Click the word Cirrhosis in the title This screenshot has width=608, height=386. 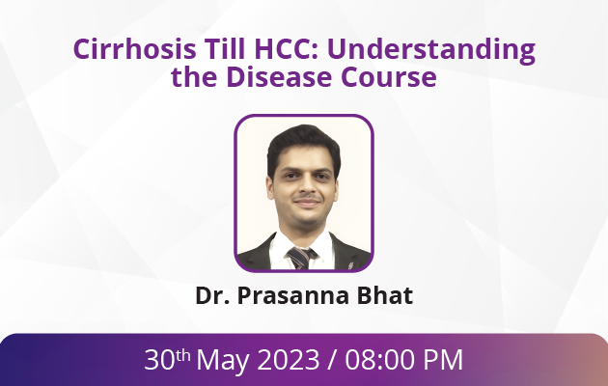(x=134, y=49)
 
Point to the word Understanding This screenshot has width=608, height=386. (x=431, y=51)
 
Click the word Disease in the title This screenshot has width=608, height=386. (x=279, y=76)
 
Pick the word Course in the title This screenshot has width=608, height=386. (x=389, y=77)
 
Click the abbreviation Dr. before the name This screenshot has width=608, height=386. (x=212, y=295)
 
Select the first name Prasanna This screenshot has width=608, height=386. (x=292, y=295)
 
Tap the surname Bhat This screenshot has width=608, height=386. (x=385, y=295)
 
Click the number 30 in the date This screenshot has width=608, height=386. (x=159, y=360)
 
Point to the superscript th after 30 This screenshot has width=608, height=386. (x=182, y=354)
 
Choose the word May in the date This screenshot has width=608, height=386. (x=223, y=361)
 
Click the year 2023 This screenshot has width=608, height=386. (x=289, y=360)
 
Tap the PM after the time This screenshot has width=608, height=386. (x=443, y=360)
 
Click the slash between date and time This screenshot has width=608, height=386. (x=332, y=360)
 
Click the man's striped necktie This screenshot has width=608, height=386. (x=301, y=258)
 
